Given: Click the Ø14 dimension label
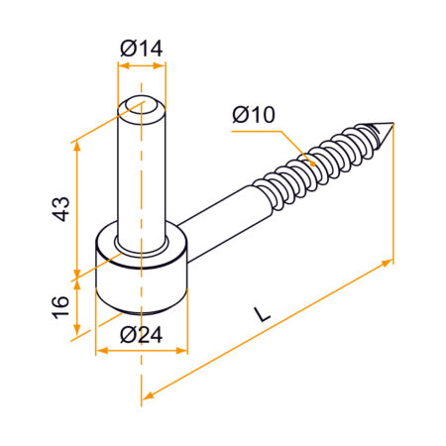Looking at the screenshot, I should coord(142,48).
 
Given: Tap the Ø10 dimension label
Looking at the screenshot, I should coord(254,116).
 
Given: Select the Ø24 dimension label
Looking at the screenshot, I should coord(141,335).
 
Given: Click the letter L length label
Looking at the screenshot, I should coord(261,313).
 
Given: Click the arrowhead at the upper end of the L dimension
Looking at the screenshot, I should coord(388,263).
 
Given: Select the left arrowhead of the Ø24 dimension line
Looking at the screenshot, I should coord(99,351).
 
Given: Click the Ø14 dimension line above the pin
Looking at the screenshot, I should coord(142,65).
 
